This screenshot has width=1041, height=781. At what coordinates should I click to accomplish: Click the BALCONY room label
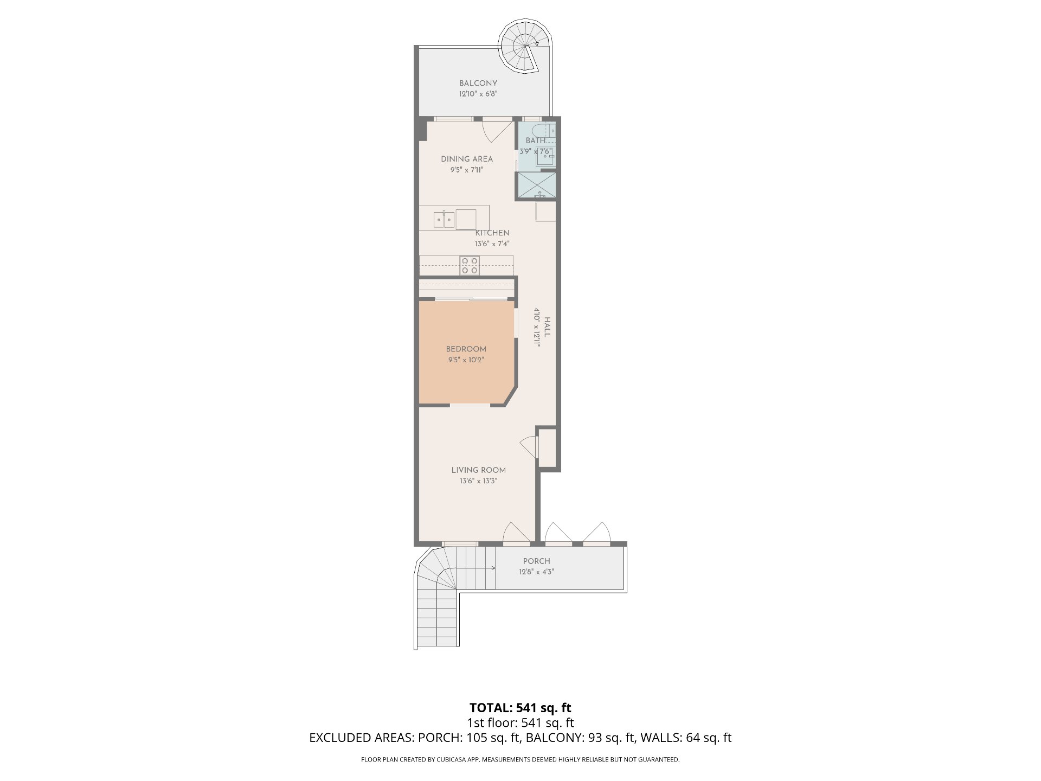pyautogui.click(x=478, y=84)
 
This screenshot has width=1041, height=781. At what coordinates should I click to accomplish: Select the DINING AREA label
pyautogui.click(x=466, y=159)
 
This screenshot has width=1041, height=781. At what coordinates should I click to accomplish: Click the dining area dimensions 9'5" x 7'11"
pyautogui.click(x=466, y=170)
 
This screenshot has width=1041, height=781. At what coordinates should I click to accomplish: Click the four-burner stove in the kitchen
pyautogui.click(x=470, y=265)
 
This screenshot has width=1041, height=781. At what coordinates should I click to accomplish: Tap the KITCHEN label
pyautogui.click(x=492, y=233)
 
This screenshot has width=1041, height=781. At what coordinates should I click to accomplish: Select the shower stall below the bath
pyautogui.click(x=537, y=185)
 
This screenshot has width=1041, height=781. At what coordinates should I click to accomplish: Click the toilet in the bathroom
pyautogui.click(x=544, y=131)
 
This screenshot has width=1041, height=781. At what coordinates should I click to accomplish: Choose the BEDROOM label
pyautogui.click(x=466, y=349)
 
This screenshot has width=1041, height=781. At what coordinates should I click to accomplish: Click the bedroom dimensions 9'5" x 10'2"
pyautogui.click(x=466, y=360)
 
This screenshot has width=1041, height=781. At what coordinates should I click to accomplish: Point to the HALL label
pyautogui.click(x=547, y=327)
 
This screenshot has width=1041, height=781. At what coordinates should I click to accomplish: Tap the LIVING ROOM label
pyautogui.click(x=478, y=470)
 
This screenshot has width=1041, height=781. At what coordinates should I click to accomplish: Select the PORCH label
pyautogui.click(x=536, y=561)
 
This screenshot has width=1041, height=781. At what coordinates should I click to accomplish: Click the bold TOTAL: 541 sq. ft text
pyautogui.click(x=520, y=708)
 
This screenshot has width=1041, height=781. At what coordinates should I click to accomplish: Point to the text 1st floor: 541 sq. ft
pyautogui.click(x=520, y=723)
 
